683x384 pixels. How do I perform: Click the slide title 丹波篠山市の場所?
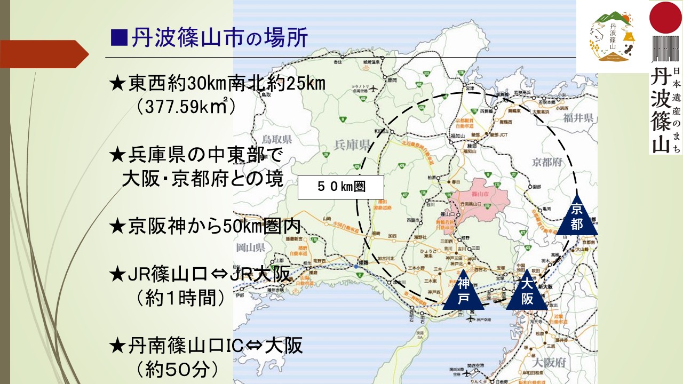tap(208, 39)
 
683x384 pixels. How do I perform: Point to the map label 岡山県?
tap(250, 247)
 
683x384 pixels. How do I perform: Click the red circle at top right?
tap(665, 17)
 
